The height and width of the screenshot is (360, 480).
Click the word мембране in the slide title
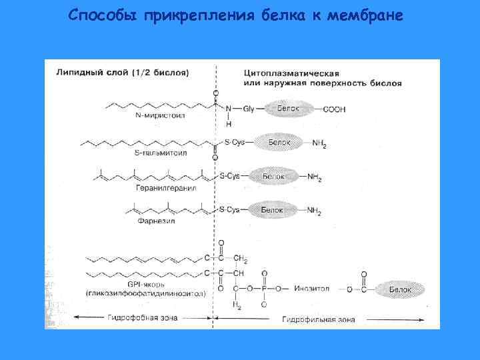[x=365, y=15]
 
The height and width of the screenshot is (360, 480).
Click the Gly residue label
[x=249, y=108]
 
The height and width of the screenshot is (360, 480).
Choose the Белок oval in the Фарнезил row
[x=272, y=210]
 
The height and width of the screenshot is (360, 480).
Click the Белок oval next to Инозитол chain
[x=401, y=289]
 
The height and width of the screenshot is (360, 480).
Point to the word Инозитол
[x=311, y=289]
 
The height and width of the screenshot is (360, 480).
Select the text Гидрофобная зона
[x=143, y=317]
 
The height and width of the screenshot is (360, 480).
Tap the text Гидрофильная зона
[x=319, y=319]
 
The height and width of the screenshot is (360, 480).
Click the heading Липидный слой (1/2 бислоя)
[x=123, y=71]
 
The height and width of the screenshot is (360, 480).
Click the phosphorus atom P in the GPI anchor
[x=265, y=289]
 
